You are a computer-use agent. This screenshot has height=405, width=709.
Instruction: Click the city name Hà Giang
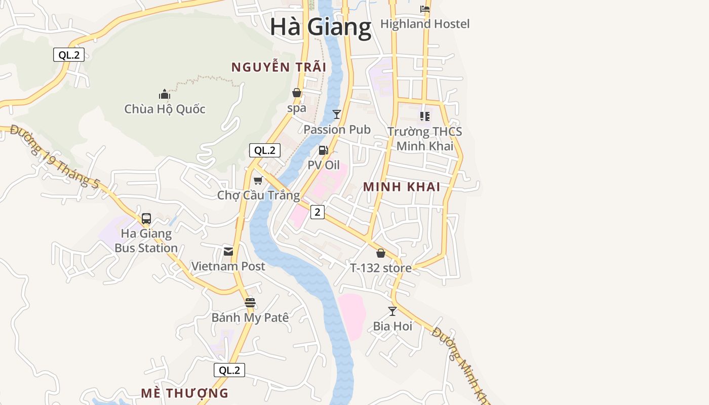(320, 27)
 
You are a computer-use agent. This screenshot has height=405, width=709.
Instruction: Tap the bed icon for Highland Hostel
(425, 9)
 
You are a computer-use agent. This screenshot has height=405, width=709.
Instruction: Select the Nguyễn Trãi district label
(279, 67)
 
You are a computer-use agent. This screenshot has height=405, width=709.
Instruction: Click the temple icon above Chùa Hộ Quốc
(164, 94)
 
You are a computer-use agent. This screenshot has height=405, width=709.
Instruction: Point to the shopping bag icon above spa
(297, 93)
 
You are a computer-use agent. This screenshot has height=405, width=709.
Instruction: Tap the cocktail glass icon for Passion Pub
(337, 114)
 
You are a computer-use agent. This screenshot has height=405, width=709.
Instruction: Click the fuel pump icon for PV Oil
(323, 150)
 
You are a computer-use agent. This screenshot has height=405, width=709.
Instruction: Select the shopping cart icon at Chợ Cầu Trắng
(258, 180)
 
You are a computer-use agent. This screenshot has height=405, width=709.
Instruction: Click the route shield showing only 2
(317, 212)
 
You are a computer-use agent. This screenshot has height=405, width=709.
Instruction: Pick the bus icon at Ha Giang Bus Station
(146, 219)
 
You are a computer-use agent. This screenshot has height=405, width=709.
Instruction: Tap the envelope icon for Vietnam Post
(228, 252)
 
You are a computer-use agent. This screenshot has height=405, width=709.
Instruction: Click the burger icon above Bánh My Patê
(250, 303)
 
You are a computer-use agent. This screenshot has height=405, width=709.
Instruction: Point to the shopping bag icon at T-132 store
(381, 253)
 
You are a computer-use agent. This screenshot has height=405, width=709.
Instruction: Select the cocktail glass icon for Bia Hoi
(392, 311)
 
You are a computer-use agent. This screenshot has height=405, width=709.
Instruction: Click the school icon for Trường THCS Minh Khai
(424, 116)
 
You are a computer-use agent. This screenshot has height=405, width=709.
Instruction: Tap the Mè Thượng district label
(184, 393)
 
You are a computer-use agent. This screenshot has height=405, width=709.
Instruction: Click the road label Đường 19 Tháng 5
(54, 156)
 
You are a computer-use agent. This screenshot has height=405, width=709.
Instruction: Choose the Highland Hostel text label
(425, 24)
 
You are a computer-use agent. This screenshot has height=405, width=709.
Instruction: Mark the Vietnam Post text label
(228, 266)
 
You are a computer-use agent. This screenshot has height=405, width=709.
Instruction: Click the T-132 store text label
(381, 268)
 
